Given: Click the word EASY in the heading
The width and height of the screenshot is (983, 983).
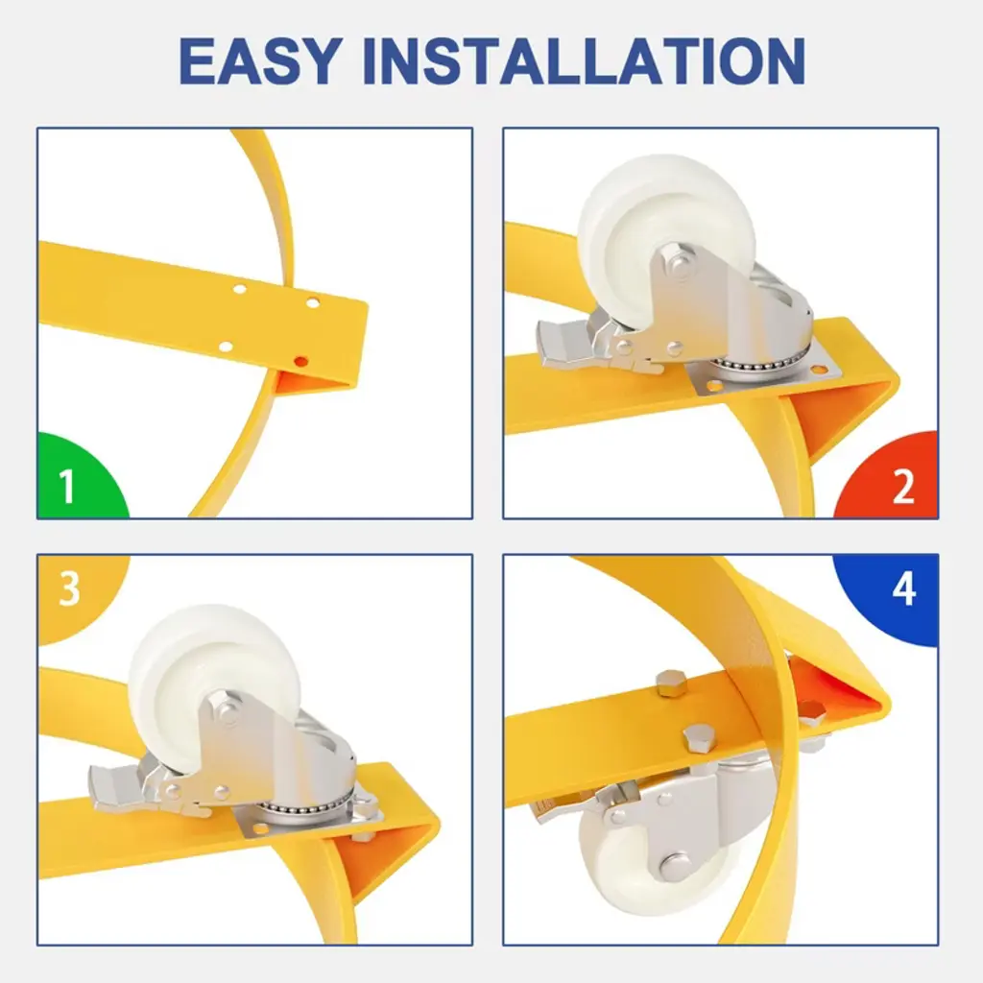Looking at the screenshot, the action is pos(261,60).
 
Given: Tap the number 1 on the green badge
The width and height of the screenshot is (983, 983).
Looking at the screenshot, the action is pos(67,486).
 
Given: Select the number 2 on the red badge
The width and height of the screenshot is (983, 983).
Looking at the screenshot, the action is pos(903,486).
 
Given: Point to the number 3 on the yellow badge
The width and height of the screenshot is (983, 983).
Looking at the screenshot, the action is pos(69,588).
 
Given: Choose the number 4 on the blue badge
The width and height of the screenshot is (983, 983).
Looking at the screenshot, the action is pos(904,588).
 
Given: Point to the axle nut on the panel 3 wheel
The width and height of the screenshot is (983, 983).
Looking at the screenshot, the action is pos(224,708).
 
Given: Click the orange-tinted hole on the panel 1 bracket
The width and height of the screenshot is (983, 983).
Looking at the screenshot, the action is pos(300,361).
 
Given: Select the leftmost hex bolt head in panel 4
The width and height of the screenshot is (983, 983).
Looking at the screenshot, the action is pos(671,683).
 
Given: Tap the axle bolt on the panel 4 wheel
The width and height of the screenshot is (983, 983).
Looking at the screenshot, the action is pos(675,865).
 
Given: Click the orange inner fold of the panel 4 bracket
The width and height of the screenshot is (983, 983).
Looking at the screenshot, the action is pos(834,683).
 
